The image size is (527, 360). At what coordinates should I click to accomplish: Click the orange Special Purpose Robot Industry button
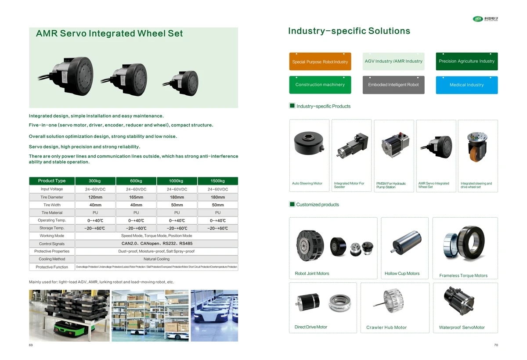(320, 61)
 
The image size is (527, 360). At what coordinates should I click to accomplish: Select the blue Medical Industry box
(466, 85)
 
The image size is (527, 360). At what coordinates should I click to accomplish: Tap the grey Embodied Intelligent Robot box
(393, 85)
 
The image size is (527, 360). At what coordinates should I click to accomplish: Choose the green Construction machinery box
(320, 85)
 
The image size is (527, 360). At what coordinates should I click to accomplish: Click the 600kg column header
(136, 181)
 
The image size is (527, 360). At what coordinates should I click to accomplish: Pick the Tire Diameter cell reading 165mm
(136, 198)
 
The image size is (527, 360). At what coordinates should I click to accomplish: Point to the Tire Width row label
(52, 205)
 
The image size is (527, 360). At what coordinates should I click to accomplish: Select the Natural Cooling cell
(156, 259)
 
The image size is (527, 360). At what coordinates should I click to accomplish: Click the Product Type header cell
(52, 181)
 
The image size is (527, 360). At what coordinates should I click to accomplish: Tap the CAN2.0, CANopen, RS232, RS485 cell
(156, 244)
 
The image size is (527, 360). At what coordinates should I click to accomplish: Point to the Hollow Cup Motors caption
(402, 274)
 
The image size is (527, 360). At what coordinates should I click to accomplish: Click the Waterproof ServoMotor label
(462, 328)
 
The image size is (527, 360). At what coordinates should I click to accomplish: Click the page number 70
(496, 346)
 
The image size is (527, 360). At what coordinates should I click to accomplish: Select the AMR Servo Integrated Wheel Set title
(109, 33)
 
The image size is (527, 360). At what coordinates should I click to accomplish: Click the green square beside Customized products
(292, 204)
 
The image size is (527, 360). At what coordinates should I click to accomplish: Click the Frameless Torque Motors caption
(463, 276)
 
